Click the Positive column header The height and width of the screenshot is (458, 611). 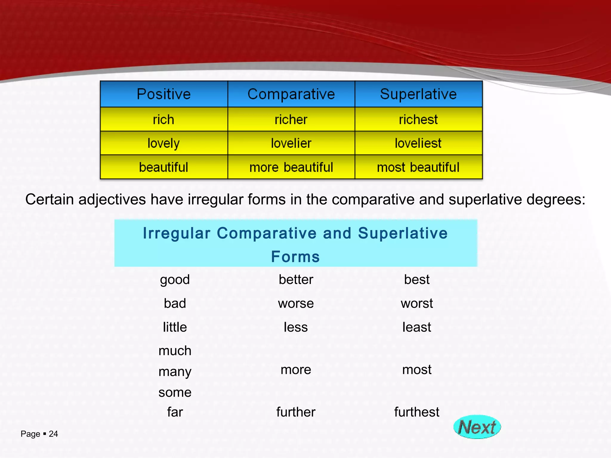(163, 94)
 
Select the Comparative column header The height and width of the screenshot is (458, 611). (291, 94)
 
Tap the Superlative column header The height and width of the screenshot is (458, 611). (418, 94)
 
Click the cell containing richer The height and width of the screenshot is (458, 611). (291, 120)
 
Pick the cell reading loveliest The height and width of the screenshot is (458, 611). (418, 143)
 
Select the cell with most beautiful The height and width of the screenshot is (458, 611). (418, 167)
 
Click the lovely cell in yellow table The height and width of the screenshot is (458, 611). (163, 143)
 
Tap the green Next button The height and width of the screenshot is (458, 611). (477, 427)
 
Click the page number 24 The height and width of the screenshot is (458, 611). (53, 434)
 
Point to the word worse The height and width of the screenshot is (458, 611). (296, 304)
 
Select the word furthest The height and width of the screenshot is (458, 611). (416, 412)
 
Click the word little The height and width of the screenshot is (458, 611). (175, 327)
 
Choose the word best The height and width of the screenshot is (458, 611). (416, 280)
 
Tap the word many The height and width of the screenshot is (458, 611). (175, 372)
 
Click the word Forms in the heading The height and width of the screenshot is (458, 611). (295, 257)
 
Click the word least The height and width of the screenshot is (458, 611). (416, 327)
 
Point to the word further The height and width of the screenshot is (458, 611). (296, 412)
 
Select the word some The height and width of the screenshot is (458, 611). (175, 392)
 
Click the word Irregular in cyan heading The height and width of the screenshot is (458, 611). (177, 233)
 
